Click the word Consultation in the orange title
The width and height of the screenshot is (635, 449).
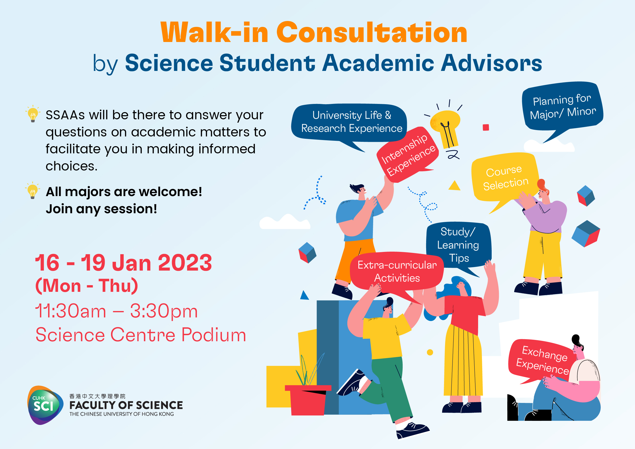372,33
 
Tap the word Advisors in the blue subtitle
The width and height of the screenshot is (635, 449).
491,63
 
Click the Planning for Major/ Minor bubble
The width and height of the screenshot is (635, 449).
562,106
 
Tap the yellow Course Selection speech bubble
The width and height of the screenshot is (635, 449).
505,177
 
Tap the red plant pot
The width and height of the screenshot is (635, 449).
308,400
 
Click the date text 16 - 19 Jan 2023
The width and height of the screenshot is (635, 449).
123,263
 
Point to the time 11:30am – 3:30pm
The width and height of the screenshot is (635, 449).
116,311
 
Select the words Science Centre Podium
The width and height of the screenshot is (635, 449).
141,335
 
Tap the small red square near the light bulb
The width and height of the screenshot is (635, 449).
486,127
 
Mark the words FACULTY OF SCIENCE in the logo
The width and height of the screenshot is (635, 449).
126,405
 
